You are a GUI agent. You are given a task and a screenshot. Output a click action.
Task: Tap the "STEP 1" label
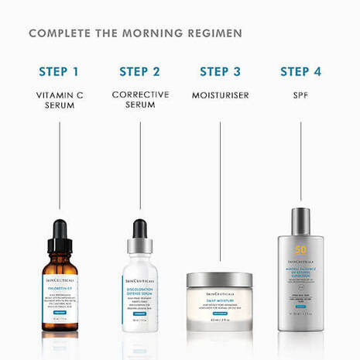tap(59, 72)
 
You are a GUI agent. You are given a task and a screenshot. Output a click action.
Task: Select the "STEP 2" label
tap(139, 72)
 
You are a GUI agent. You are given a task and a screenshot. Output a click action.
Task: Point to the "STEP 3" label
tap(220, 72)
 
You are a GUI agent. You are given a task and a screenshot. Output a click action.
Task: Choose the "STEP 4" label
tap(300, 72)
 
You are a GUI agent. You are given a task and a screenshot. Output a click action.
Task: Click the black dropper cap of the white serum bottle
tap(140, 230)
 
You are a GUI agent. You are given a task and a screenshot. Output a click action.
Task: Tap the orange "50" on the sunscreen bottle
tap(300, 251)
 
